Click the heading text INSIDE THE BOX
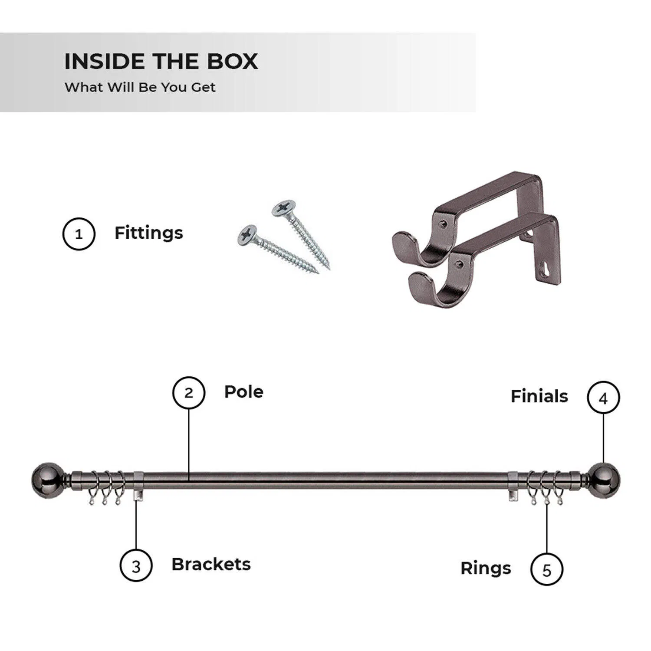pyautogui.click(x=161, y=61)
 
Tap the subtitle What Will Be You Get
pyautogui.click(x=140, y=87)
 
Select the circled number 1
pyautogui.click(x=79, y=234)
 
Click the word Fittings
pyautogui.click(x=148, y=233)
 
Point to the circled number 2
pyautogui.click(x=189, y=393)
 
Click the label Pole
pyautogui.click(x=243, y=391)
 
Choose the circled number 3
pyautogui.click(x=136, y=566)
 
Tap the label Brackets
pyautogui.click(x=211, y=564)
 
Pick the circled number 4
pyautogui.click(x=603, y=398)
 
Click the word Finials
pyautogui.click(x=539, y=396)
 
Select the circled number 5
pyautogui.click(x=547, y=569)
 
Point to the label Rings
pyautogui.click(x=486, y=569)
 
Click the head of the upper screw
pyautogui.click(x=284, y=208)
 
